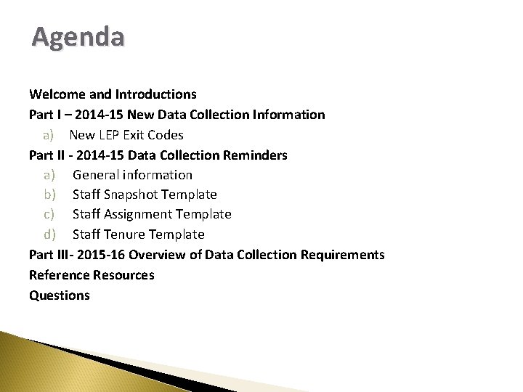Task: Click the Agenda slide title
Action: (78, 36)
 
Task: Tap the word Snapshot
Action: (130, 195)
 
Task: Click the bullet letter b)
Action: (49, 195)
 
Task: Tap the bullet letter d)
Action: (49, 234)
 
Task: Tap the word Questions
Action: (60, 295)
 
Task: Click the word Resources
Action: (123, 275)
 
